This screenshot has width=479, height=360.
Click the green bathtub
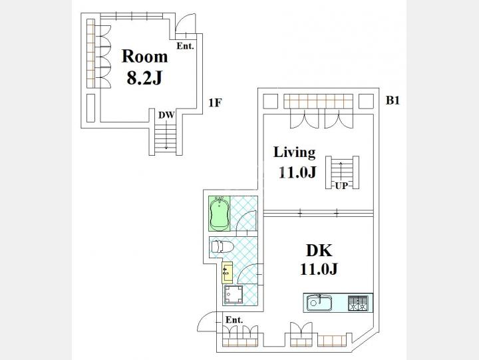pyautogui.click(x=219, y=214)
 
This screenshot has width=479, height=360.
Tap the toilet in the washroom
pyautogui.click(x=222, y=246)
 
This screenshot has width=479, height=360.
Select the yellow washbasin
pyautogui.click(x=227, y=273)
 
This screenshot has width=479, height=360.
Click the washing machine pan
pyautogui.click(x=234, y=294)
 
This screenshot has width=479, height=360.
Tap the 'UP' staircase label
pyautogui.click(x=341, y=186)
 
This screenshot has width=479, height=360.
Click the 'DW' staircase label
pyautogui.click(x=166, y=115)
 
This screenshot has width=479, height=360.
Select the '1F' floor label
pyautogui.click(x=215, y=102)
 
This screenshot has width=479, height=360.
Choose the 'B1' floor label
pyautogui.click(x=393, y=100)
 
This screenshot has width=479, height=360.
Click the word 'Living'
pyautogui.click(x=294, y=152)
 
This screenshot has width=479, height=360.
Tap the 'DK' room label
pyautogui.click(x=319, y=251)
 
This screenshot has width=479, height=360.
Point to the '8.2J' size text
pyautogui.click(x=144, y=79)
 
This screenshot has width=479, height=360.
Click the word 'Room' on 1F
pyautogui.click(x=144, y=57)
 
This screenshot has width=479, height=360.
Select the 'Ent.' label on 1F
pyautogui.click(x=185, y=46)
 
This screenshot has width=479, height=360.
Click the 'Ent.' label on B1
pyautogui.click(x=234, y=320)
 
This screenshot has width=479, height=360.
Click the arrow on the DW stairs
pyautogui.click(x=166, y=134)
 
